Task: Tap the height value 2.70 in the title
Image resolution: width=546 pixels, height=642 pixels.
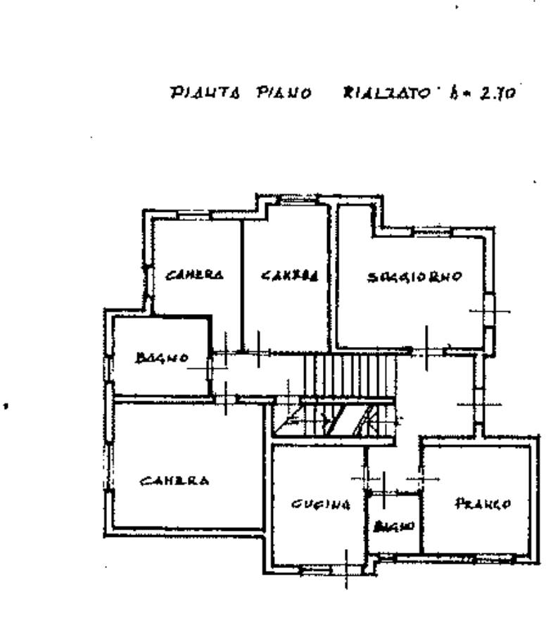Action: (x=499, y=92)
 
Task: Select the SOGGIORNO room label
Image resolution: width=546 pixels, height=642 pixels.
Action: (x=415, y=277)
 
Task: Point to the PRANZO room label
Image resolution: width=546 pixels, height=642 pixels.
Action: (x=483, y=503)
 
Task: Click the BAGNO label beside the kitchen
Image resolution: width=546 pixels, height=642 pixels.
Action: (x=394, y=526)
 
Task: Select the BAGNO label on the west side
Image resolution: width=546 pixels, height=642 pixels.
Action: (x=162, y=358)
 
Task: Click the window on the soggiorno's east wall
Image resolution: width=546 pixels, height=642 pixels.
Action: (x=490, y=310)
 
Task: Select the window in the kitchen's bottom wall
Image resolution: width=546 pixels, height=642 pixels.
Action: (x=315, y=567)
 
